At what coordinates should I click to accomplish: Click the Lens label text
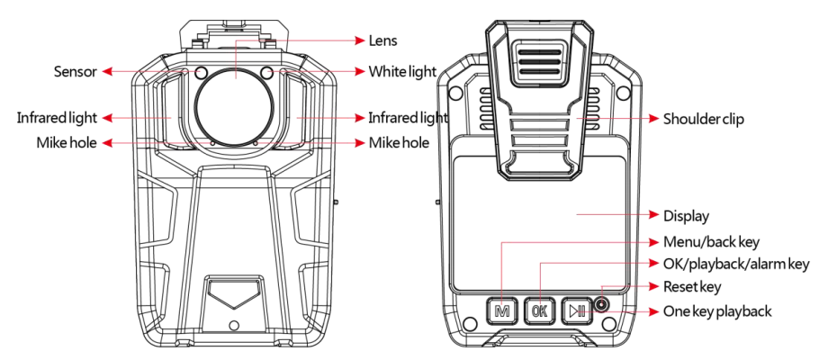pos(382,41)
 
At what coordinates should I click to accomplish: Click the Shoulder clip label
pos(709,119)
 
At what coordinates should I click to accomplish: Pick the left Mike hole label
pos(65,142)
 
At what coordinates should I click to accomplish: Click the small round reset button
pos(601,307)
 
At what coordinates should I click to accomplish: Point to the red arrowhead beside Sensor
pos(106,71)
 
